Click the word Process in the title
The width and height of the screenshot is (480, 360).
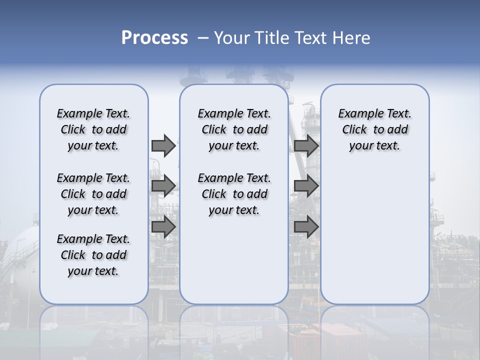pos(154,38)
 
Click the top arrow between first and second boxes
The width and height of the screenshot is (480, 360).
pos(163,146)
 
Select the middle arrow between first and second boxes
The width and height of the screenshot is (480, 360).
pos(163,186)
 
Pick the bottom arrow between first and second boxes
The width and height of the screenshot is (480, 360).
pos(163,227)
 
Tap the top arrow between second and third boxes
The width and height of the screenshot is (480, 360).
pos(306,146)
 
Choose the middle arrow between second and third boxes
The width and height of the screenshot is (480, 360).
pos(306,186)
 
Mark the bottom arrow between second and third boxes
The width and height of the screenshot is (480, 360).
pos(306,227)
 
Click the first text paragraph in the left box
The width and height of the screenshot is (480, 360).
pos(93,129)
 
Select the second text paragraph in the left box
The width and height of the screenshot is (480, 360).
pos(93,194)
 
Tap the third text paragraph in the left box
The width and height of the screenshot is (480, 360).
pos(93,255)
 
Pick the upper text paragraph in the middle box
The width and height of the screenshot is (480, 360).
pos(234,129)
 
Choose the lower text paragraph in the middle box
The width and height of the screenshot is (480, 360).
pos(234,194)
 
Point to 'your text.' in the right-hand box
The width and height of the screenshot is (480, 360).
pos(374,146)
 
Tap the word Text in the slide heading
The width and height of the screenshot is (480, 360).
pos(313,38)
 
